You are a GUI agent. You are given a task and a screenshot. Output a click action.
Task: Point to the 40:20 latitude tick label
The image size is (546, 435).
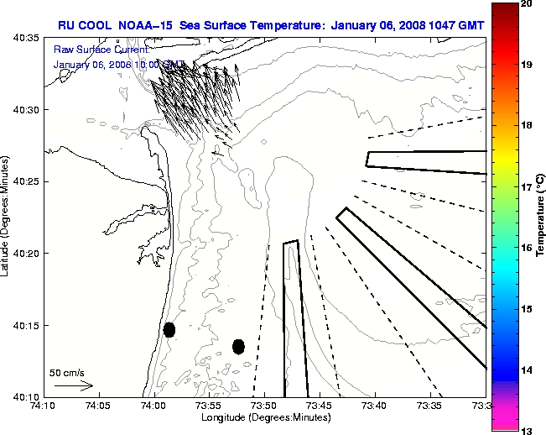tap(26, 253)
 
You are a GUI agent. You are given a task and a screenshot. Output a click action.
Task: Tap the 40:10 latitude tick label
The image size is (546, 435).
tap(26, 396)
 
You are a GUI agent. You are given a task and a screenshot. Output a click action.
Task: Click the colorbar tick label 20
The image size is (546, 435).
tap(527, 3)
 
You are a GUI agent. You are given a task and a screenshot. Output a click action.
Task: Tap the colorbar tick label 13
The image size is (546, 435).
tap(527, 431)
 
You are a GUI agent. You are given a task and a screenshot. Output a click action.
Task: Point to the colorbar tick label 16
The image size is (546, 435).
tap(527, 248)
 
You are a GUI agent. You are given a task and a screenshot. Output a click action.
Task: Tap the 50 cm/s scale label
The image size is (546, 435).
tap(66, 372)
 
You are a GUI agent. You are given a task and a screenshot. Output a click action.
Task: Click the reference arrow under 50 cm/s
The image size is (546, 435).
tap(73, 385)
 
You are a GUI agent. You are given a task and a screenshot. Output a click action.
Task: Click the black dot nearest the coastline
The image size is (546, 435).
tap(169, 329)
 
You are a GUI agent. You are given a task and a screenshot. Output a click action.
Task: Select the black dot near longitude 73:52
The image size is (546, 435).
tap(238, 346)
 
